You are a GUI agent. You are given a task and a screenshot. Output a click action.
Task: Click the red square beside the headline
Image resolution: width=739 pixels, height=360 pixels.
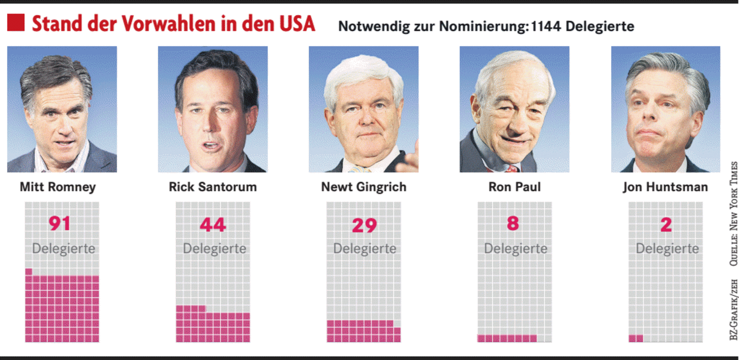[16, 23]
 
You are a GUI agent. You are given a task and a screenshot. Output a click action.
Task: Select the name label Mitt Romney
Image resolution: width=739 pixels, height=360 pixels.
[57, 187]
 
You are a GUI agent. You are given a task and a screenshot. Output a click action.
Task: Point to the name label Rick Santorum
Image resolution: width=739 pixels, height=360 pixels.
[212, 187]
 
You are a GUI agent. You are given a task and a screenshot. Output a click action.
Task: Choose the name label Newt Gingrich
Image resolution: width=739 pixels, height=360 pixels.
[363, 187]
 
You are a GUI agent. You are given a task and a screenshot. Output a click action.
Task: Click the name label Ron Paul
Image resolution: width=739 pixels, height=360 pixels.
[514, 187]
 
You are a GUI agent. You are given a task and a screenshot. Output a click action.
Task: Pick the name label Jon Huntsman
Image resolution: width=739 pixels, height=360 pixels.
[665, 187]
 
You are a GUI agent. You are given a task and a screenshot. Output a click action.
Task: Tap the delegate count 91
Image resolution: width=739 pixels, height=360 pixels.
[59, 224]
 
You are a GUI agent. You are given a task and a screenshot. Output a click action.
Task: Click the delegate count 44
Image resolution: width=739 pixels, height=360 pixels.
[213, 224]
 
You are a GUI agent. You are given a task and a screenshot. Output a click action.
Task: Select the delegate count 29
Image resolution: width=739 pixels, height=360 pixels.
[363, 225]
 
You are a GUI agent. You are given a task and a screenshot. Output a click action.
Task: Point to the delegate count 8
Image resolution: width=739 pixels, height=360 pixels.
[512, 223]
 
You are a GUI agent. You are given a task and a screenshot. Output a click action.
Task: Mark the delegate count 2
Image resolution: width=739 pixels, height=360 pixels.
[665, 225]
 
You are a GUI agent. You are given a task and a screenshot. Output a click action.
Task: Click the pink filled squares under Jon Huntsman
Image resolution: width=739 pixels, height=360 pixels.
[635, 338]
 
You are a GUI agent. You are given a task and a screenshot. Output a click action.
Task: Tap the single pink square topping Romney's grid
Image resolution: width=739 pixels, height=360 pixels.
[28, 271]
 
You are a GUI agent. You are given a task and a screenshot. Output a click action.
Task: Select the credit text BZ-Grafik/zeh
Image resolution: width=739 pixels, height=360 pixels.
[733, 310]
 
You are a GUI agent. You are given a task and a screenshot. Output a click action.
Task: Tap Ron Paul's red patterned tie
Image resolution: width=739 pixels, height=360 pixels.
[511, 168]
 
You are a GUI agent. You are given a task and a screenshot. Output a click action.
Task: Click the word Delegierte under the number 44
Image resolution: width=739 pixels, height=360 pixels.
[214, 248]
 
